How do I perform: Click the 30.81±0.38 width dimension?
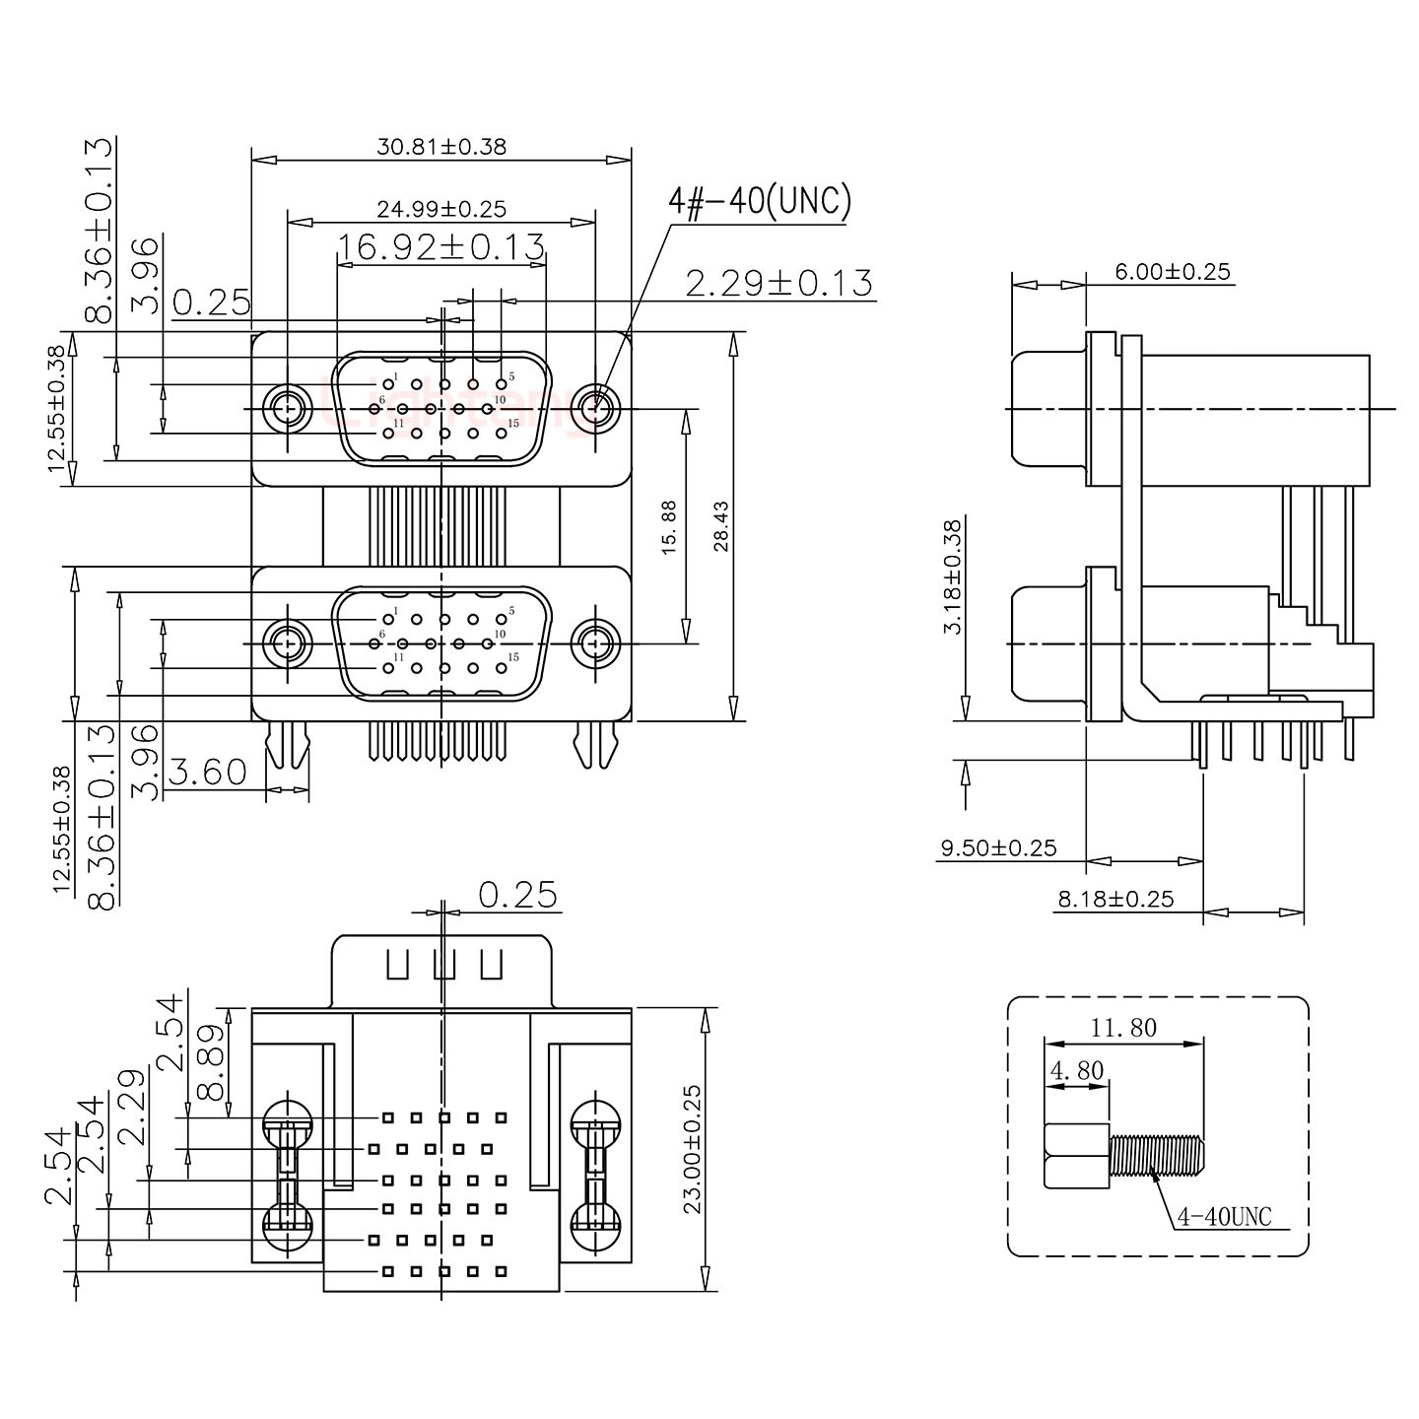coord(440,147)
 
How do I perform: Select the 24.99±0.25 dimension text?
coord(440,209)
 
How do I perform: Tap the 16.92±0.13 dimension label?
coord(440,247)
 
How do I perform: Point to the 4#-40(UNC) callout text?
coord(759,201)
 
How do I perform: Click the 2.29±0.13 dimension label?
coord(778,284)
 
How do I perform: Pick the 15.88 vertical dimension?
coord(669,527)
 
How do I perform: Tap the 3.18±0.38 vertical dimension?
coord(952,576)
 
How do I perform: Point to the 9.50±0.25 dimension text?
coord(998,847)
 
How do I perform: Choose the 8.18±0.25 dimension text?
coord(1115,899)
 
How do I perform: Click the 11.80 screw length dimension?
coord(1123,1028)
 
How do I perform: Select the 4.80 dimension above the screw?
coord(1076,1070)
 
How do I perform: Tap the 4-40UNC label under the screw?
coord(1224,1217)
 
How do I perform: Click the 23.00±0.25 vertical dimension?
coord(692,1149)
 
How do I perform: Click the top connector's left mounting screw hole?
coord(287,407)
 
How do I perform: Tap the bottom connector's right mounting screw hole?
coord(594,643)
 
